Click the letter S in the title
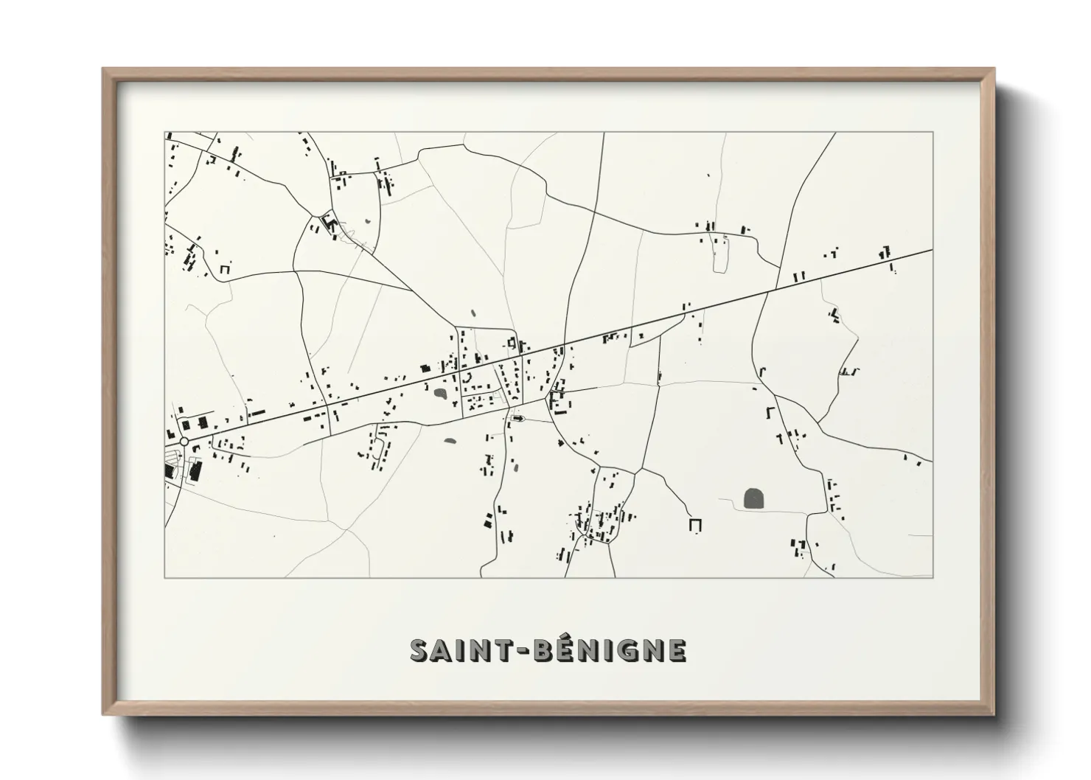(420, 650)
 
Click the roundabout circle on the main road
(184, 441)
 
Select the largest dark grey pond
(754, 498)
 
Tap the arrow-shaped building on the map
(518, 418)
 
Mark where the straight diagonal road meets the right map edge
(933, 250)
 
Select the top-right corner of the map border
(933, 132)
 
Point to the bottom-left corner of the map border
(164, 577)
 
